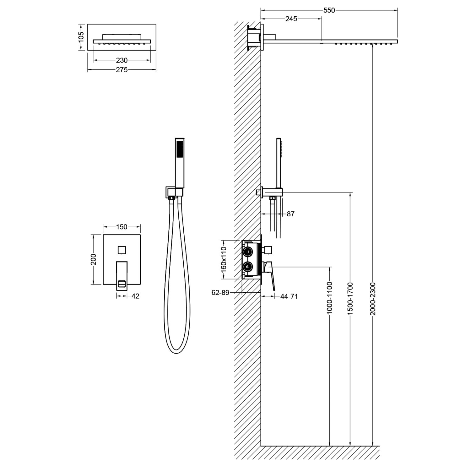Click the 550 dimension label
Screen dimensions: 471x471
point(329,10)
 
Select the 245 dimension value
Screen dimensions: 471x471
point(291,19)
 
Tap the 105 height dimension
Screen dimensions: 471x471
point(81,37)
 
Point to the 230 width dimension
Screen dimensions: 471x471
point(122,60)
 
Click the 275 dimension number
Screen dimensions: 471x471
point(122,70)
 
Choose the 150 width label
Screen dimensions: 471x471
point(122,227)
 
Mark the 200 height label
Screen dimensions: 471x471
point(94,259)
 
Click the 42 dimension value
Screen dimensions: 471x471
point(135,296)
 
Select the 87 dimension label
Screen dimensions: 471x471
point(291,214)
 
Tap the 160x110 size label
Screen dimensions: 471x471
point(224,259)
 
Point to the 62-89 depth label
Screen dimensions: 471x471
point(220,293)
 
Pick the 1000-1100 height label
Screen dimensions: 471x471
point(329,298)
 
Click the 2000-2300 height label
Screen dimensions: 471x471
point(372,299)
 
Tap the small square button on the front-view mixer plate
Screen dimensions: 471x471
point(122,250)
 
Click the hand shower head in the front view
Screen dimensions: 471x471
point(179,151)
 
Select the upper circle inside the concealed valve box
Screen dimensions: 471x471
point(248,252)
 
